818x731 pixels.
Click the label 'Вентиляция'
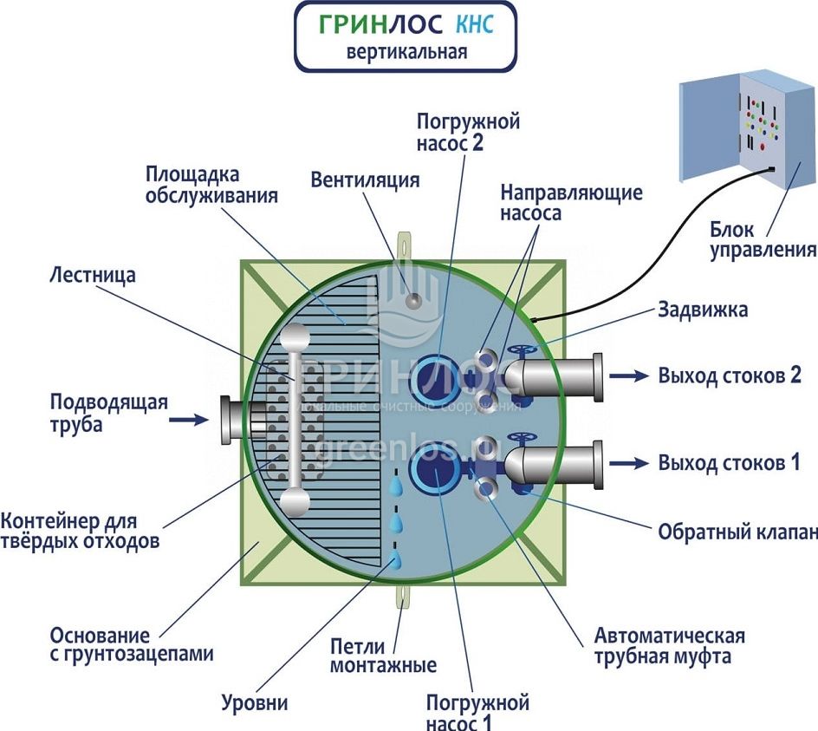tap(365, 180)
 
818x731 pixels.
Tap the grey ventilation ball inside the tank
tap(414, 300)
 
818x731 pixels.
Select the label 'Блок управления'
tap(763, 240)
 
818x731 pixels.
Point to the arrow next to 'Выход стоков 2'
tap(629, 375)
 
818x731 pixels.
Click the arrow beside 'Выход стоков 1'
tap(629, 462)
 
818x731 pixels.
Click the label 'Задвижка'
tap(703, 310)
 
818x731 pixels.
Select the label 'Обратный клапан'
tap(737, 531)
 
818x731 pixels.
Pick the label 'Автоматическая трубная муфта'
tap(669, 645)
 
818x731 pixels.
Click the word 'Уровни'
tap(254, 702)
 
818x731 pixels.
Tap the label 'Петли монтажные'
tap(383, 656)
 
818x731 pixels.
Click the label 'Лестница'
tap(94, 276)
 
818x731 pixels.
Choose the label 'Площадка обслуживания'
tap(211, 185)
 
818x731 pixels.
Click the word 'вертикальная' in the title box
tap(406, 51)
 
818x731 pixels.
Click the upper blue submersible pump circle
tap(432, 378)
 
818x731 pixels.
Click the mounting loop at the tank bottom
tap(402, 597)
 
